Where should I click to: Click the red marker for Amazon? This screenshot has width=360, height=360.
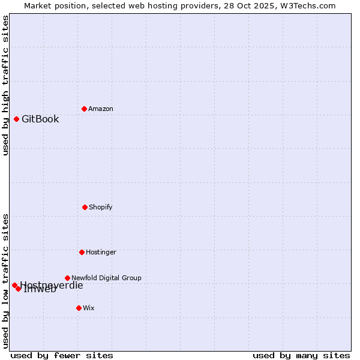tap(84, 109)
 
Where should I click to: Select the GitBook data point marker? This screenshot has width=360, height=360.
tap(16, 119)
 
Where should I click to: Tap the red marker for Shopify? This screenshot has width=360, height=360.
tap(85, 207)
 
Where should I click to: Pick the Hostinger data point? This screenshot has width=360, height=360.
tap(82, 252)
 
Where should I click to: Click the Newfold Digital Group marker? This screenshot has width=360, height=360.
tap(67, 278)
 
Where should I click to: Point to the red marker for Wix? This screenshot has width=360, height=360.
tap(79, 308)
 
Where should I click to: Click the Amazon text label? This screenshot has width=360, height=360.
tap(101, 109)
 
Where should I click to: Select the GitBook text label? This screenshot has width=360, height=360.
tap(40, 119)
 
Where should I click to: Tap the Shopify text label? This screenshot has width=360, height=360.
tap(101, 207)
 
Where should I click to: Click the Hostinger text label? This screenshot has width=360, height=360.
tap(101, 252)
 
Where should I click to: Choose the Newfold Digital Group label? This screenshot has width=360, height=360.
tap(106, 278)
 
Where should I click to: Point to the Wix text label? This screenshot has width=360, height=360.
tap(89, 308)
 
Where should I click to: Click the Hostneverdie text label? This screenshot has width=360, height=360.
tap(52, 285)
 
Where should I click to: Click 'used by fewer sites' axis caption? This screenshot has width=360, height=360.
tap(62, 355)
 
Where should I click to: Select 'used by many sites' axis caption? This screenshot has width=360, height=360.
tap(301, 355)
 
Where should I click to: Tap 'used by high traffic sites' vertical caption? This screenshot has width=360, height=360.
tap(5, 85)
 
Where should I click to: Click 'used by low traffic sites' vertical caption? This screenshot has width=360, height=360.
tap(5, 280)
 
